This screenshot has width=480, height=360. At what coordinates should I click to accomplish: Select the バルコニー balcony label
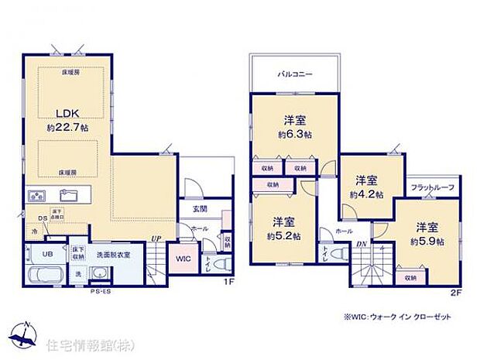coord(295,75)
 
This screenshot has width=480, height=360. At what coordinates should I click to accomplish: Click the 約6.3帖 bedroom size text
coord(297,134)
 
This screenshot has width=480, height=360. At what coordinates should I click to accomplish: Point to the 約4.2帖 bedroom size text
coord(367,195)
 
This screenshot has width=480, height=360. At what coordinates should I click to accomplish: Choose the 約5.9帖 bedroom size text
coord(427,242)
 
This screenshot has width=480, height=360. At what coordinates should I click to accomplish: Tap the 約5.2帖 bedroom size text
coord(285,235)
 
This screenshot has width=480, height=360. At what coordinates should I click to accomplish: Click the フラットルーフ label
coord(433,188)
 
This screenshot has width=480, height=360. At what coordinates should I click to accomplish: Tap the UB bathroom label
coord(48,252)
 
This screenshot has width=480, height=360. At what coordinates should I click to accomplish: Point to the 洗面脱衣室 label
coord(114,252)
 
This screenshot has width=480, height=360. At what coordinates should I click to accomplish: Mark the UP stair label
coord(156,238)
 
